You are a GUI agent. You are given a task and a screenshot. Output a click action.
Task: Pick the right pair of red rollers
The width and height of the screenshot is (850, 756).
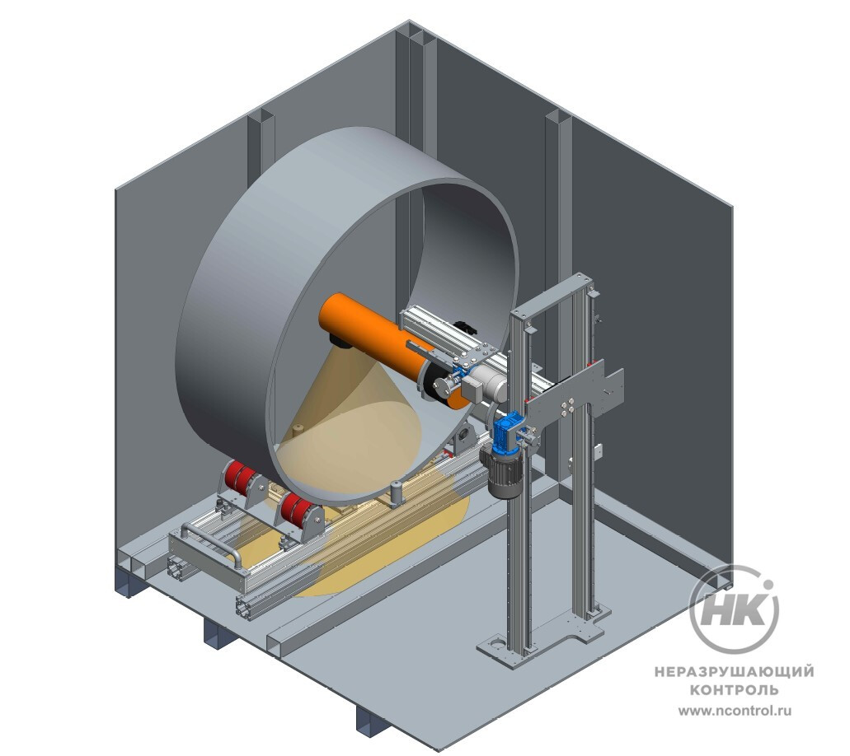[295, 510]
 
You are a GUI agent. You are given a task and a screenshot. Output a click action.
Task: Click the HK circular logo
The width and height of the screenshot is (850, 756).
[734, 609]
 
